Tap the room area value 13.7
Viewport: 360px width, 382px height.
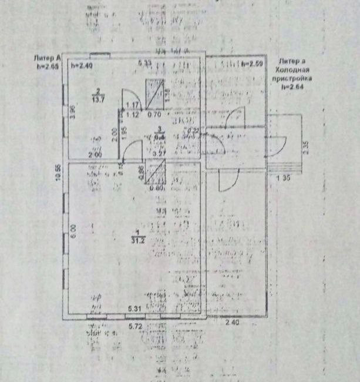click(100, 98)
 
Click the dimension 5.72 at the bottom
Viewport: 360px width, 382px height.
click(136, 324)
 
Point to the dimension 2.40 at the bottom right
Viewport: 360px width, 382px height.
click(233, 323)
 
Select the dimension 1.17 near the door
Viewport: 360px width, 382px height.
click(133, 106)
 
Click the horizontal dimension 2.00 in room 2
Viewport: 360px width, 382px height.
click(94, 154)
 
